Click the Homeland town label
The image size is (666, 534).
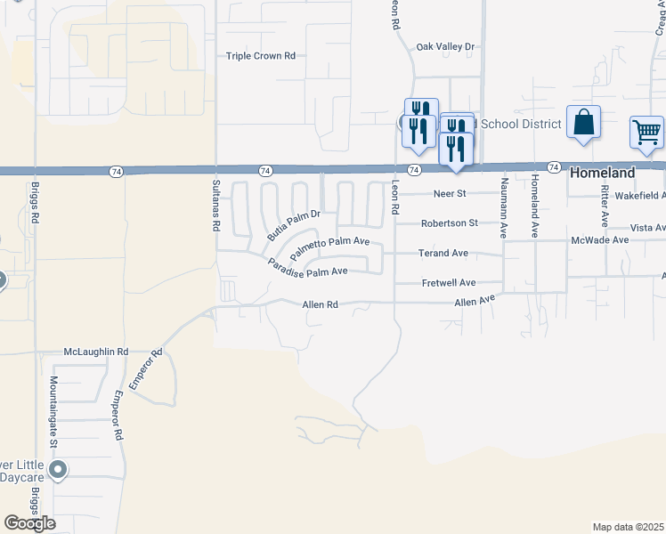[x=603, y=173]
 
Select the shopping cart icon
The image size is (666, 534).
[x=647, y=133]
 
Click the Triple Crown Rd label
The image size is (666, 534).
[x=260, y=55]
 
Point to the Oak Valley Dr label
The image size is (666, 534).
[x=446, y=46]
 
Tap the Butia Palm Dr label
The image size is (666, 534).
[x=293, y=224]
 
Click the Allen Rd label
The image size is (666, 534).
[x=321, y=304]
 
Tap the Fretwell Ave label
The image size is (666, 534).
[x=448, y=283]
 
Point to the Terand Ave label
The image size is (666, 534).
[x=443, y=254]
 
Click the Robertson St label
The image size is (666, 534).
[x=450, y=222]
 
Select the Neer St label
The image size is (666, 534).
[x=450, y=193]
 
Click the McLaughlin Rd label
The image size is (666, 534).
[x=96, y=352]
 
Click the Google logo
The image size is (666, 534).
[x=29, y=523]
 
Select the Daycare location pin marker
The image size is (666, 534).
[x=59, y=469]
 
